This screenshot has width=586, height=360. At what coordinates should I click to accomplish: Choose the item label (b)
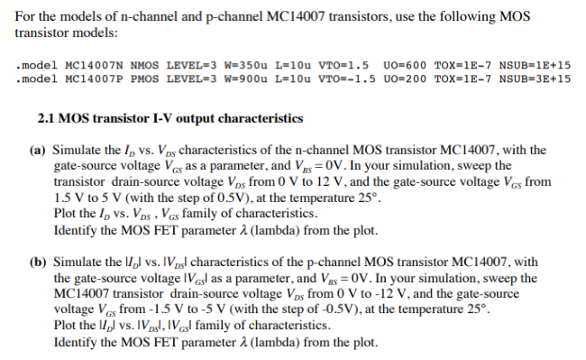[x=38, y=263]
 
